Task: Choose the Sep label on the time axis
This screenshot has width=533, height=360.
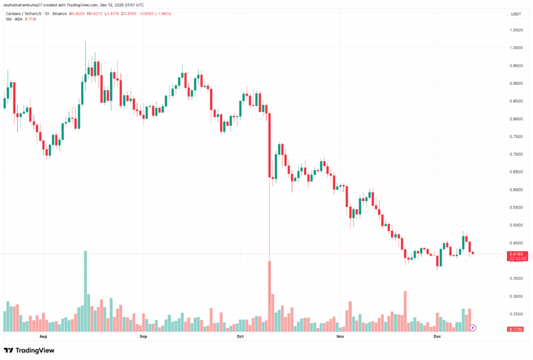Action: pos(144,337)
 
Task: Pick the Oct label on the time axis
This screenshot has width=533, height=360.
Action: pos(240,337)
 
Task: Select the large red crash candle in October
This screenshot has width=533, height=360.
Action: pos(270,146)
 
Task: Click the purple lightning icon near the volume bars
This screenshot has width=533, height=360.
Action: pos(473,328)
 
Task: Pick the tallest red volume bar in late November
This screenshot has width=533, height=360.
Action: pos(404,311)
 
